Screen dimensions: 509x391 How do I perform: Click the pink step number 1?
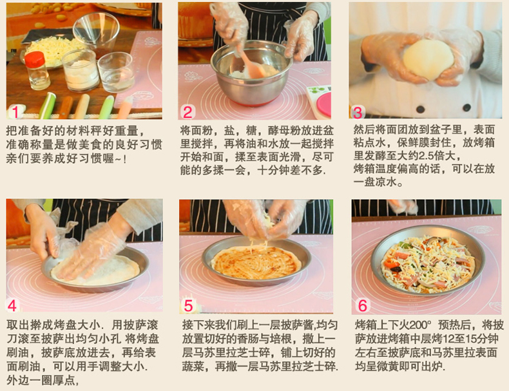[x=15, y=112]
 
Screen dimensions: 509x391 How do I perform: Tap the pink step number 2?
[x=188, y=112]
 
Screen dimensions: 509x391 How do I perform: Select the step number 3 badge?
[x=358, y=113]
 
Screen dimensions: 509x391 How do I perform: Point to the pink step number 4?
[x=12, y=305]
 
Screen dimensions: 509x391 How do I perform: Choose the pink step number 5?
[x=188, y=306]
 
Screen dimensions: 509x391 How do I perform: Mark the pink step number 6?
[x=362, y=306]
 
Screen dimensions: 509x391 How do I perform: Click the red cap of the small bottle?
[x=35, y=59]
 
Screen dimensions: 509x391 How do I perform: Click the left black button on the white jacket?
[x=421, y=109]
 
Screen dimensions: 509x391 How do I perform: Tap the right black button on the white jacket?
[x=467, y=108]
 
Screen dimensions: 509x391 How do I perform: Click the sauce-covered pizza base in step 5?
[x=256, y=263]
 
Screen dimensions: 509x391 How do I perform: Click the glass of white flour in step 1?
[x=80, y=71]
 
